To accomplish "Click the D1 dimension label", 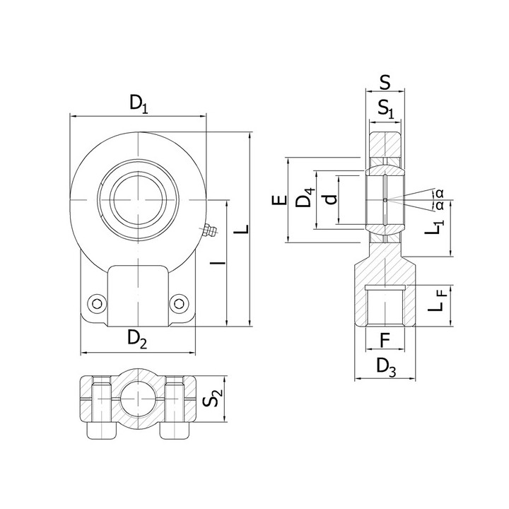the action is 139,103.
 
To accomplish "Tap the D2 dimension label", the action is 137,338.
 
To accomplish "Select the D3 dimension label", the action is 386,367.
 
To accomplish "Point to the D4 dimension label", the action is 305,197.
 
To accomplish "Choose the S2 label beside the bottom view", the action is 212,398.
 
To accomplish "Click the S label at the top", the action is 385,83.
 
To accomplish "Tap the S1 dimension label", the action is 386,108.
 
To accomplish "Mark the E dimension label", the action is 279,200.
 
